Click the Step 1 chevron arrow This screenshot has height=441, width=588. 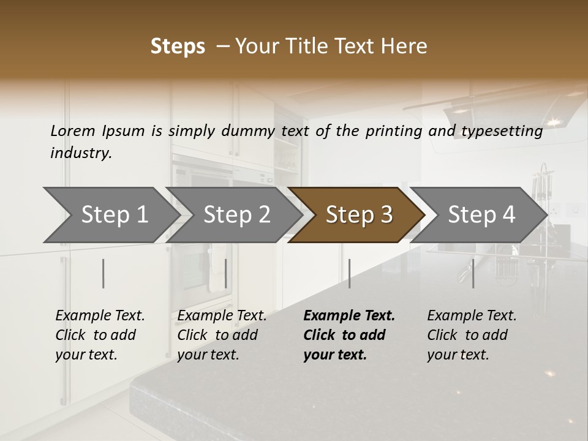[113, 214]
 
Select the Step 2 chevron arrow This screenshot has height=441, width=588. [236, 214]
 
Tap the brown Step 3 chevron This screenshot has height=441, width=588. [358, 214]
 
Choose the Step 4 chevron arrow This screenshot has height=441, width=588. [481, 214]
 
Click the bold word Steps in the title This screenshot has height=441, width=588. [178, 47]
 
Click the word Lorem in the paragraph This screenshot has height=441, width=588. [73, 131]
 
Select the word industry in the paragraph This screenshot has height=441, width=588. [81, 153]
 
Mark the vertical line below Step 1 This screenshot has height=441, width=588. [104, 273]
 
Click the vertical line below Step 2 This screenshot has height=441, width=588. [226, 273]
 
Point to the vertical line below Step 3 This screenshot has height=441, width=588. [349, 273]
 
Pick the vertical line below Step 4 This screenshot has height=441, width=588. [473, 273]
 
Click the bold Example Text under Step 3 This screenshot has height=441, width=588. [349, 316]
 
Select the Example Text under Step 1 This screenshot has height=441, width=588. [100, 316]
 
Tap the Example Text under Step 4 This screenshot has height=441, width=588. [472, 316]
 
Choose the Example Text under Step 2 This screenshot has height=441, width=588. [222, 316]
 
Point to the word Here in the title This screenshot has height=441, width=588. [403, 47]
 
